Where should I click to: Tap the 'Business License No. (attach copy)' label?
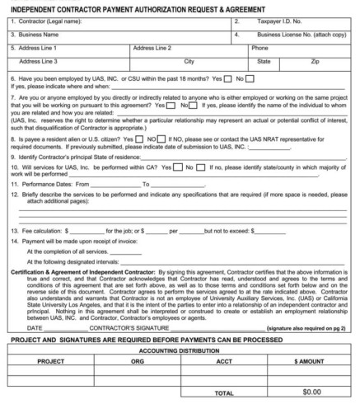(301, 36)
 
